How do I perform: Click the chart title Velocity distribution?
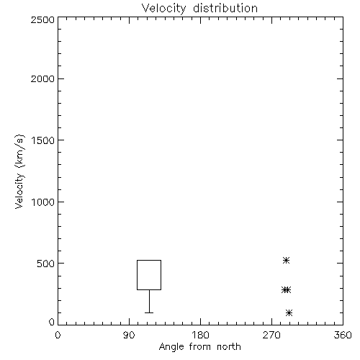tap(199, 8)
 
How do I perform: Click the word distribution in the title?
tap(225, 8)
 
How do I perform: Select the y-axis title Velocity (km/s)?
tap(19, 171)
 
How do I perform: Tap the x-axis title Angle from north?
tap(199, 347)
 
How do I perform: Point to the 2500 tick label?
tap(42, 19)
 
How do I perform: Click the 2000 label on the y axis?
tap(42, 78)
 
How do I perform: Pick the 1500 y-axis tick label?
tap(43, 140)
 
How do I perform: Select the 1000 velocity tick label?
tap(43, 202)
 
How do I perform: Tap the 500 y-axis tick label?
tap(46, 264)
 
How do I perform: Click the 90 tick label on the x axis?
tap(129, 335)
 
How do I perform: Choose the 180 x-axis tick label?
tap(200, 335)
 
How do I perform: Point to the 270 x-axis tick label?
tap(271, 335)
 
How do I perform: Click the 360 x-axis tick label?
tap(343, 335)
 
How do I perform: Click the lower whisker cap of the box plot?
tap(149, 312)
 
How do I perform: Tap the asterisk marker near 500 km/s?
tap(286, 260)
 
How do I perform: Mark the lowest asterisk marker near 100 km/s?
tap(289, 312)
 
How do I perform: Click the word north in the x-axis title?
tap(229, 347)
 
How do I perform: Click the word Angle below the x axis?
tap(171, 347)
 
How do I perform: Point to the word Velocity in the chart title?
tap(163, 9)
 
